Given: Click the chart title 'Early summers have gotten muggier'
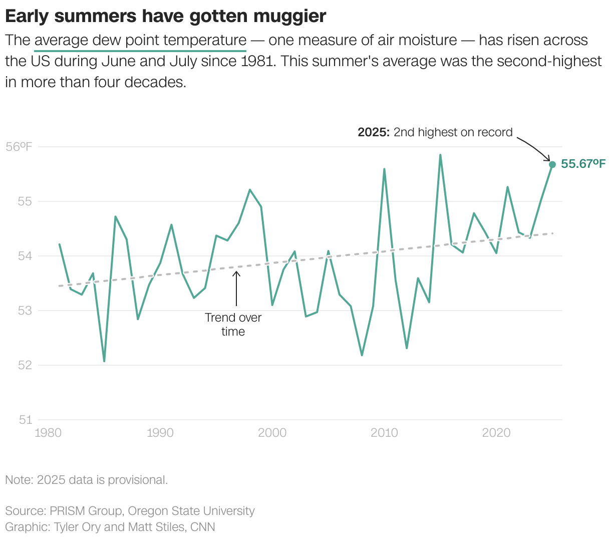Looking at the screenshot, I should [x=165, y=16].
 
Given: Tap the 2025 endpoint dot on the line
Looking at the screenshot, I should [x=552, y=164].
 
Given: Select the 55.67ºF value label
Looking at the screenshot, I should [x=583, y=164].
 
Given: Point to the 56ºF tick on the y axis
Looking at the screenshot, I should [x=19, y=147].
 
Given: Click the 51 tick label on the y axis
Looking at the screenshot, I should [x=26, y=420].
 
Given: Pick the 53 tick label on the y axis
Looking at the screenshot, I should [x=25, y=311].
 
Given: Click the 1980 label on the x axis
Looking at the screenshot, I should [x=49, y=432].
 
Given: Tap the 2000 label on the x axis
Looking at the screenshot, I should [x=272, y=432].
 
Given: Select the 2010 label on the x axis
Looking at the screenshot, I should [x=384, y=432].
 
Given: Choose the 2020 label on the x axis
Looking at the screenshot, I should [x=496, y=432].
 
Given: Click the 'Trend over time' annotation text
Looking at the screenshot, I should [x=233, y=325].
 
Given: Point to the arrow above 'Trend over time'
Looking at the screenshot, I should [x=236, y=289].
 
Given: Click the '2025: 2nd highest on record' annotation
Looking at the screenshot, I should [x=435, y=132].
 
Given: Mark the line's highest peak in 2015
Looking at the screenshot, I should [x=440, y=155].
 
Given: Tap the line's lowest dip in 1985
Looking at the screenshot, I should [x=104, y=361].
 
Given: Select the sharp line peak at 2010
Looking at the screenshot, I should [x=384, y=169].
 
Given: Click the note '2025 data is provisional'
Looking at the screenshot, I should [x=86, y=480].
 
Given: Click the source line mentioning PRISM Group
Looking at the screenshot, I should [x=130, y=511].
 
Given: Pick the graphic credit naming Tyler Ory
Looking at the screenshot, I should [x=110, y=527].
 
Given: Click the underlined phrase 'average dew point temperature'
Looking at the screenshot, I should [x=140, y=40].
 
